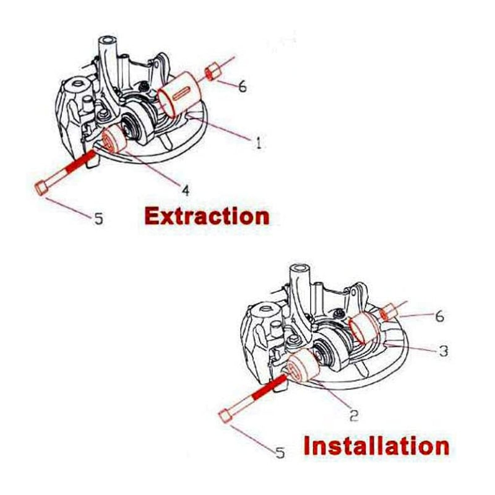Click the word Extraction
[x=207, y=216]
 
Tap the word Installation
[x=376, y=445]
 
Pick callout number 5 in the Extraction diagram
[x=98, y=218]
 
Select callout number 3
[x=443, y=350]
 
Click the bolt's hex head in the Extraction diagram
[x=40, y=187]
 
